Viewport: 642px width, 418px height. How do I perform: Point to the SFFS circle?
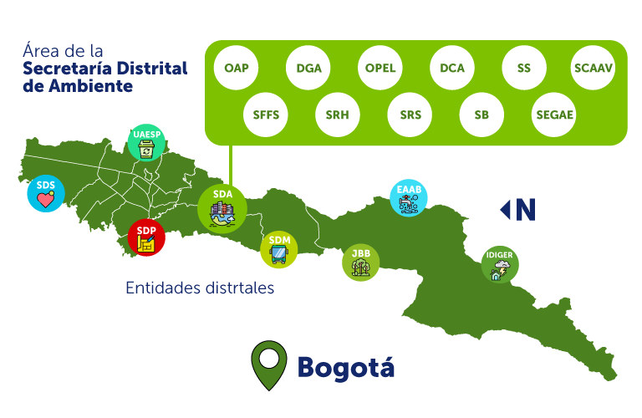(x=266, y=115)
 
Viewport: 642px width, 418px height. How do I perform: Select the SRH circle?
(x=338, y=115)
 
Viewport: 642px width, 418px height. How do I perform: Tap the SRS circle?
(x=410, y=115)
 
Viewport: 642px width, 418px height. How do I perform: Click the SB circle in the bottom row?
(x=481, y=115)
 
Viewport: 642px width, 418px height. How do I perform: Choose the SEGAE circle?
(x=553, y=115)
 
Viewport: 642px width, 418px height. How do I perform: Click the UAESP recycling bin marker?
(x=147, y=143)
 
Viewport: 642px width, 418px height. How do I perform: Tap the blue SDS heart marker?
(x=45, y=193)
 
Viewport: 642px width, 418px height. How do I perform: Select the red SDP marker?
(x=146, y=237)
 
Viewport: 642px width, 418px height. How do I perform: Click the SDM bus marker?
(x=279, y=249)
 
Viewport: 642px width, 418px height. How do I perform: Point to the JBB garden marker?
(x=361, y=263)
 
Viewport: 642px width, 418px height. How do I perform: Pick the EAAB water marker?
(x=409, y=199)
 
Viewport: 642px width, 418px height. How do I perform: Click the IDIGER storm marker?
(x=500, y=265)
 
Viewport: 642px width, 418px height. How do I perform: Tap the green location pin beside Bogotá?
(x=268, y=364)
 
